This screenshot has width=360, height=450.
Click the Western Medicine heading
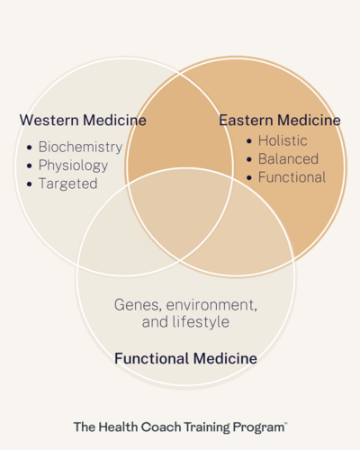83,120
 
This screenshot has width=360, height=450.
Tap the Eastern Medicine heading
280,120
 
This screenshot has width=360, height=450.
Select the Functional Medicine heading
185,358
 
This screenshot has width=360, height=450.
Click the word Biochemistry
80,147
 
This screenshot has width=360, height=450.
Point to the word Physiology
73,166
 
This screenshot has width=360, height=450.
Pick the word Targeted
68,184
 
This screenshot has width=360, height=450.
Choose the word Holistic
283,140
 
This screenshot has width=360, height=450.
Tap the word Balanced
288,158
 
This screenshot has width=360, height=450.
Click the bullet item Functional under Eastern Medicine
292,177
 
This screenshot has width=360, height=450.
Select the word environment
211,305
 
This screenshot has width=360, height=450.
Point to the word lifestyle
201,322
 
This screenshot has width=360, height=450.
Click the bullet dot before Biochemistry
30,148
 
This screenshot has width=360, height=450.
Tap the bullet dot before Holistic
249,140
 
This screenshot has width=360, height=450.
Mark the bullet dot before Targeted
30,184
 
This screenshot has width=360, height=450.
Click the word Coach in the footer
161,427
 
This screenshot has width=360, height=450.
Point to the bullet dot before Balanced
249,159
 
